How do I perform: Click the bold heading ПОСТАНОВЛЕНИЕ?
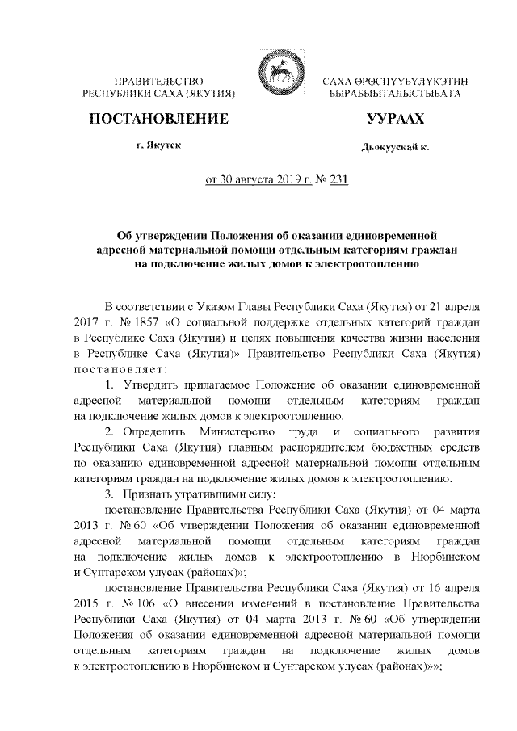158,120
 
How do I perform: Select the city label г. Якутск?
158,146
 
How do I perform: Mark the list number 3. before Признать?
112,494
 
